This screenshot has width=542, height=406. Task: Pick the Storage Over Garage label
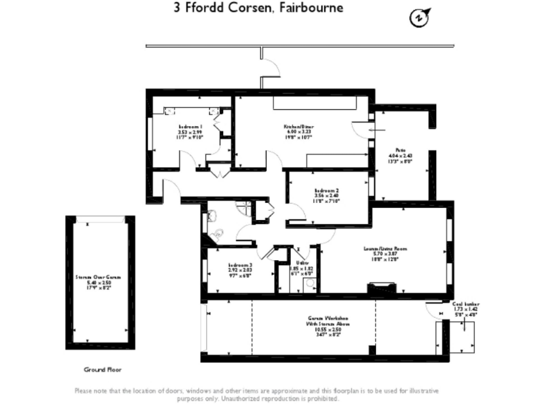[99, 282]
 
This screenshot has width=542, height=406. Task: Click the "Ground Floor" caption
[100, 369]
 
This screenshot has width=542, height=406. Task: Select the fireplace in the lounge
[381, 288]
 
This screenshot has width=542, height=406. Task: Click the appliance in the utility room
[309, 285]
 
